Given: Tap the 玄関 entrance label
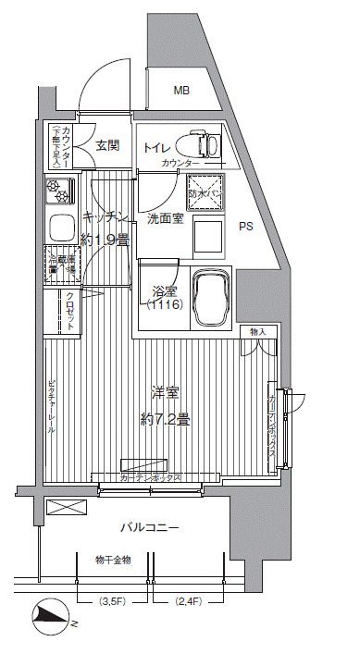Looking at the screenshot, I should pyautogui.click(x=108, y=144).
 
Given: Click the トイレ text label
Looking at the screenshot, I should pyautogui.click(x=155, y=146).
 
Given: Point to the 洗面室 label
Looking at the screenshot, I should pyautogui.click(x=165, y=218).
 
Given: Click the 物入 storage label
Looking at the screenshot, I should pyautogui.click(x=256, y=331).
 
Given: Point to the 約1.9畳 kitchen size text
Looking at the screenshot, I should pyautogui.click(x=105, y=238).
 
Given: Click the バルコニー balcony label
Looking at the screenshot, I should pyautogui.click(x=149, y=527).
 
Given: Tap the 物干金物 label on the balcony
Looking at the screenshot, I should pyautogui.click(x=113, y=560).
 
